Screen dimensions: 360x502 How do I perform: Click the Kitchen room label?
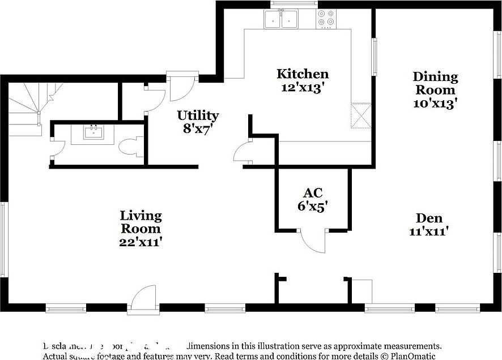(x=303, y=74)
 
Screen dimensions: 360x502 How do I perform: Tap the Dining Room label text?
(x=435, y=83)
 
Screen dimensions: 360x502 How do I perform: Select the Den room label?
(x=429, y=218)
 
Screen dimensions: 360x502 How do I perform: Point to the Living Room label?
(x=141, y=222)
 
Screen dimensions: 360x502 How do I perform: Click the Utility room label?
(x=198, y=115)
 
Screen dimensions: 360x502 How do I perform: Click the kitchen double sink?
(x=282, y=19)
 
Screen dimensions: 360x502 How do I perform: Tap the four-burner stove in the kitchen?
(x=326, y=18)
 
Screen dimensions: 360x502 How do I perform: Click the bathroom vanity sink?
(x=93, y=133)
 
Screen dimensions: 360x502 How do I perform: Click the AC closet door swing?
(x=313, y=241)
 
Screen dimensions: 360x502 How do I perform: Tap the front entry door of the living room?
(x=142, y=298)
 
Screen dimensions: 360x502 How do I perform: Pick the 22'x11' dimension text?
(x=141, y=242)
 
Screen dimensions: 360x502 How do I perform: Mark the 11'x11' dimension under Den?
(x=429, y=232)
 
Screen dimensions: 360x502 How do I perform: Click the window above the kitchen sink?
(x=293, y=4)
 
